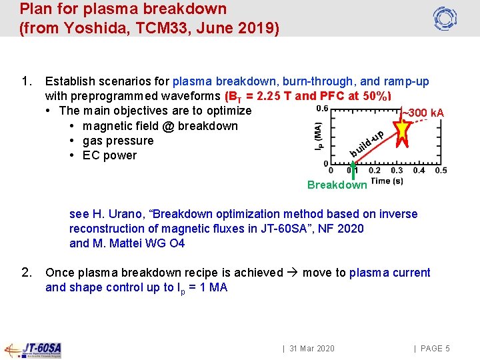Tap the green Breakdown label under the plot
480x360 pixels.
337,185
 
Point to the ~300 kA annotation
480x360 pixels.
423,113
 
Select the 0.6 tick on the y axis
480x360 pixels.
322,108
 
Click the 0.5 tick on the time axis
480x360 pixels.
441,171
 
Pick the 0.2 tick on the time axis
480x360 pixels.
375,171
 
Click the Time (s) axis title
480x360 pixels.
387,181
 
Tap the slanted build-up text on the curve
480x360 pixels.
367,143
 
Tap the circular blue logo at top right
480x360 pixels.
444,18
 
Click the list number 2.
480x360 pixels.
27,272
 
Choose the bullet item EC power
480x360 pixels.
109,155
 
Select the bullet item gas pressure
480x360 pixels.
118,141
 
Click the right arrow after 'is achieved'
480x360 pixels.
292,273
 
